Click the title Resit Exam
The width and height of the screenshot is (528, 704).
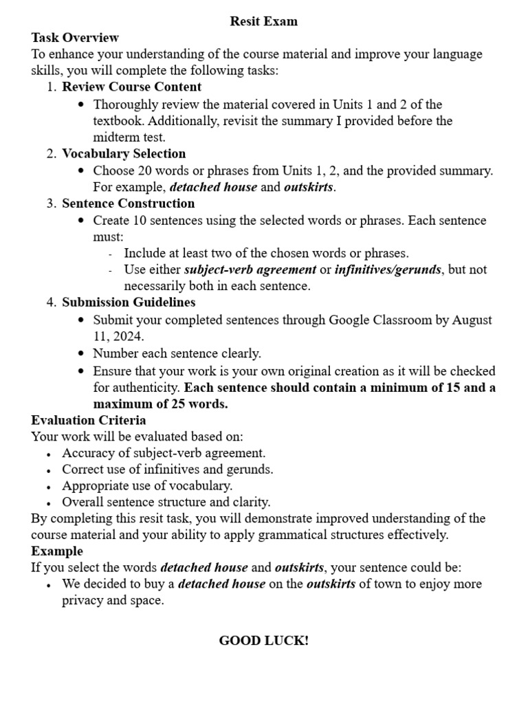coord(264,21)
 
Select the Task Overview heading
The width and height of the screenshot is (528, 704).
coord(75,38)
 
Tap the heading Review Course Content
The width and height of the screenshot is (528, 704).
coord(131,87)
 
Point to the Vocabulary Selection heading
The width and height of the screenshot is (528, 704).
coord(124,153)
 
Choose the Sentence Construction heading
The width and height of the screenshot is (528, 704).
coord(128,203)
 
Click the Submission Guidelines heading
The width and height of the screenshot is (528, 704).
coord(129,302)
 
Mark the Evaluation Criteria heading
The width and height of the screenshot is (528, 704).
coord(89,420)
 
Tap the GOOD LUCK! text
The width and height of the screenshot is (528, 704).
coord(264,641)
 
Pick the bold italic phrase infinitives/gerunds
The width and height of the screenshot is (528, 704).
coord(388,269)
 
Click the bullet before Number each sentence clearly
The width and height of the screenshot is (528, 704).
coord(82,354)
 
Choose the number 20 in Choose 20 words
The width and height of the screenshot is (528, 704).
coord(141,170)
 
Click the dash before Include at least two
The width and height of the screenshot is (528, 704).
coord(111,254)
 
